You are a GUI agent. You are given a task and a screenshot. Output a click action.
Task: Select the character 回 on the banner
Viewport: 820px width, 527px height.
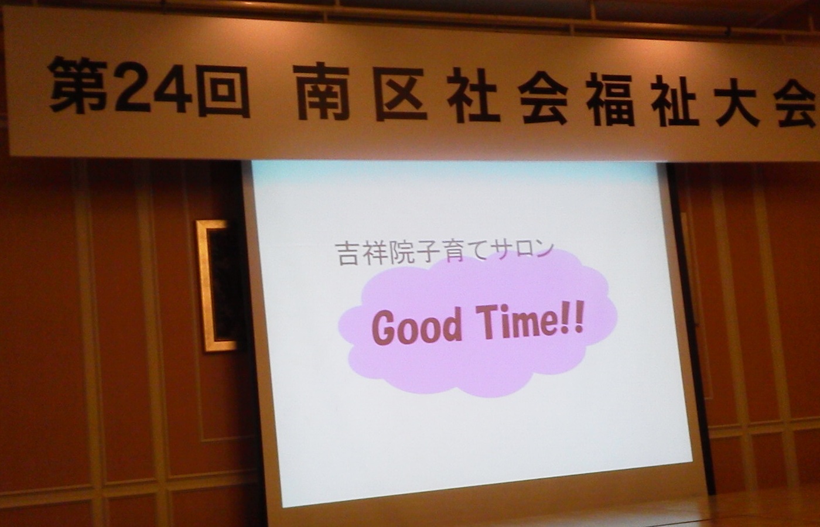click(223, 90)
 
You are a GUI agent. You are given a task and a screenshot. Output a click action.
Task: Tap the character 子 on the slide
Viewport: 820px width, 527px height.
click(428, 252)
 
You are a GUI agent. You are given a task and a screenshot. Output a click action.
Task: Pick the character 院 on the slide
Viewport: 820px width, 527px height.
click(401, 252)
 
